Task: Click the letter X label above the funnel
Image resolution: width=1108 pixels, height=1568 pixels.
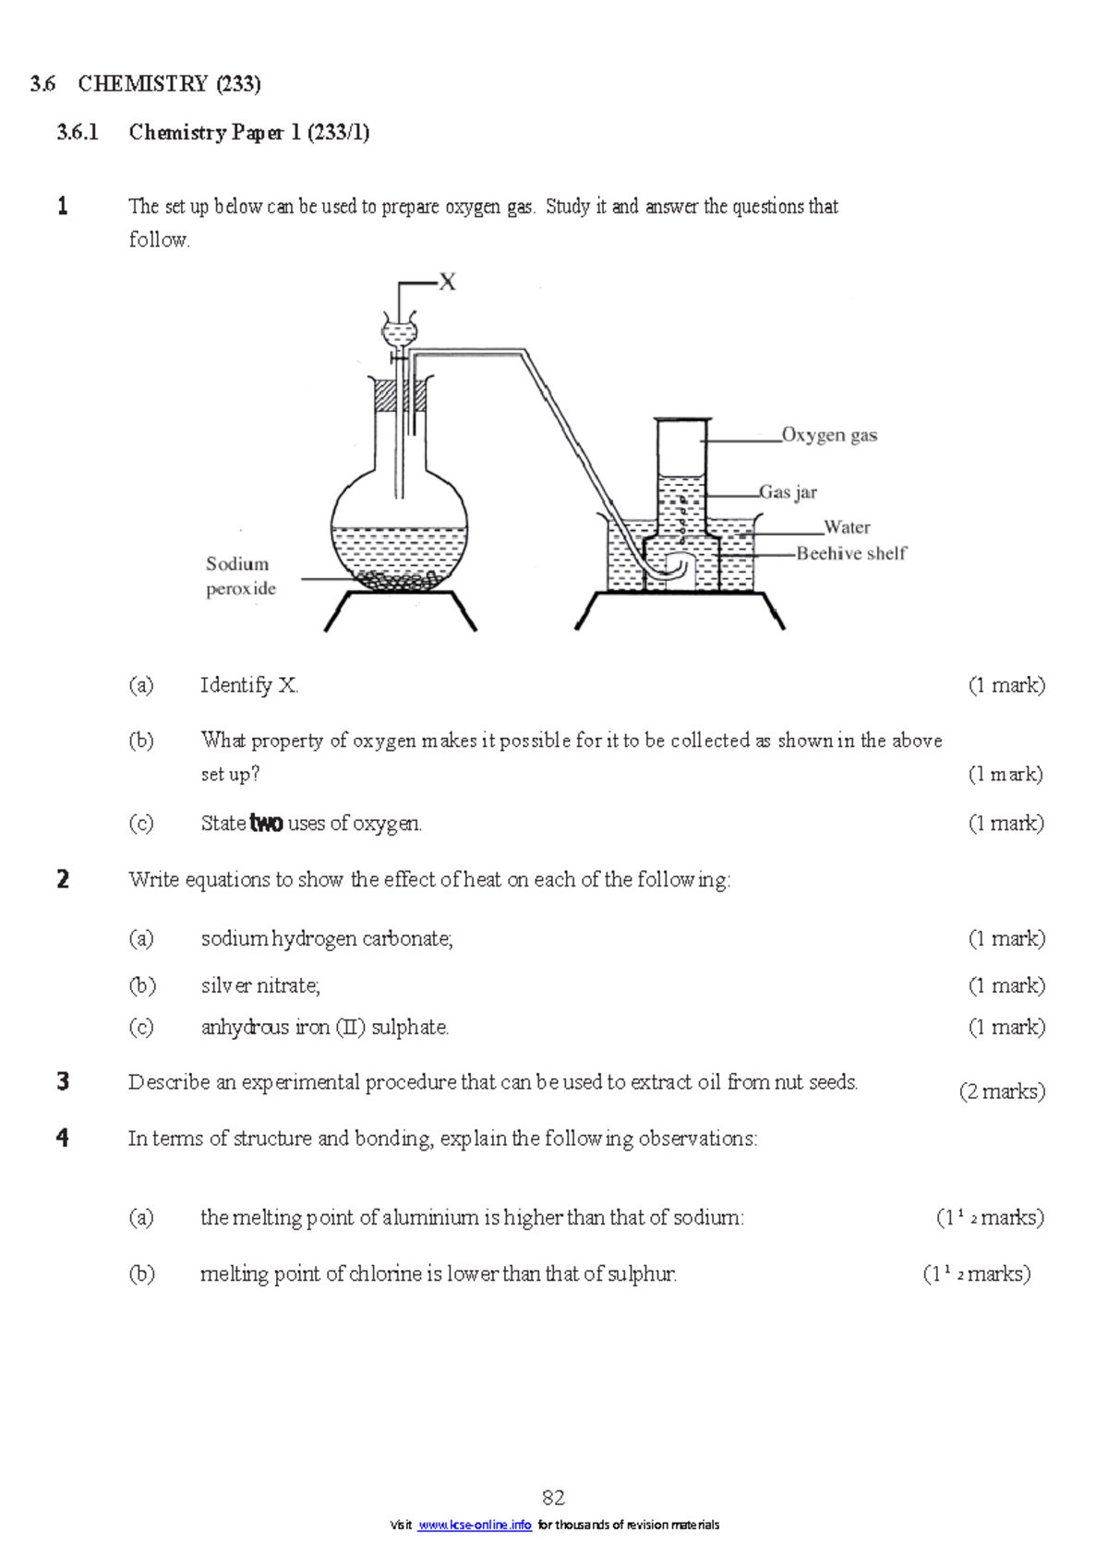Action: (448, 283)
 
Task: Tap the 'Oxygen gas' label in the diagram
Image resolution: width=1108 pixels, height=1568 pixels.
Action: (829, 435)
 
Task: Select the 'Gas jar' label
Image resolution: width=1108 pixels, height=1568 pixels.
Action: (789, 492)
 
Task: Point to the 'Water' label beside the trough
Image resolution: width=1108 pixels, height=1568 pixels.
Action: (847, 527)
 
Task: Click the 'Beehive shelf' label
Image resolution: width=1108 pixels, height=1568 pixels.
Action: (851, 553)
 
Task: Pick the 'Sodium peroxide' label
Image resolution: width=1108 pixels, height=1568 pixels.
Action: (240, 576)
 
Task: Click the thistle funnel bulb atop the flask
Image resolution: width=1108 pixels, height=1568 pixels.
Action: (400, 331)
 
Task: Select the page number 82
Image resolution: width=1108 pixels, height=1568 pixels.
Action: (553, 1497)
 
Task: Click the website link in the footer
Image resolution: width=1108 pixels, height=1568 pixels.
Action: (475, 1525)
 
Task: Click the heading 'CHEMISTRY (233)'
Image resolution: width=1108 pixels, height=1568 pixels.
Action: (169, 84)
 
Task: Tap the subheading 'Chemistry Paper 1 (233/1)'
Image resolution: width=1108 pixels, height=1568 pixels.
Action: (249, 133)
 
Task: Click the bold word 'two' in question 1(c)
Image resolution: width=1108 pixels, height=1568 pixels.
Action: (266, 824)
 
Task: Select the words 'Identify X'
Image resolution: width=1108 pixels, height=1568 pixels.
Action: (249, 685)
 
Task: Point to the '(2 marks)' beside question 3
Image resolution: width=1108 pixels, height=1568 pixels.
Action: (1002, 1092)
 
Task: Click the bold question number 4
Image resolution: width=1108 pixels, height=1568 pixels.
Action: (63, 1138)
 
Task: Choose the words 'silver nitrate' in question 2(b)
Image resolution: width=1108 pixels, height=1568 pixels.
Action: (259, 986)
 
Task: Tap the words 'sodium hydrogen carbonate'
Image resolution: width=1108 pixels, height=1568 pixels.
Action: (326, 939)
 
